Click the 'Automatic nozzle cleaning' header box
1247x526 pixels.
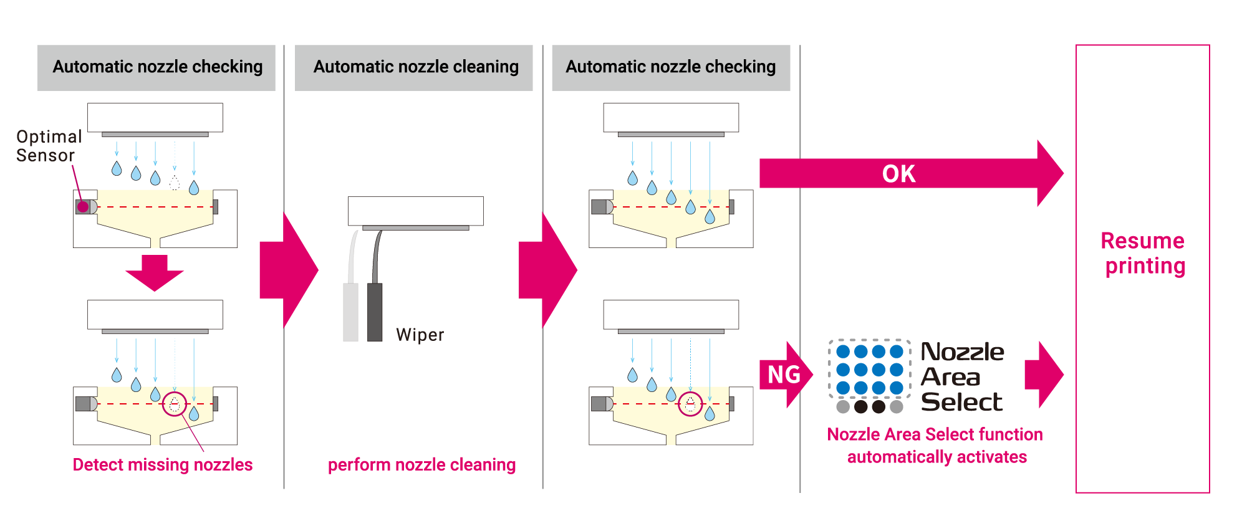[413, 67]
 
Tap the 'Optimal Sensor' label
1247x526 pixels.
[49, 146]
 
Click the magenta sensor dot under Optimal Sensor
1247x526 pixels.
[83, 207]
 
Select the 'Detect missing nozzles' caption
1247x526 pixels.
[162, 465]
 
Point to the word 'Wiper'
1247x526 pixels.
[420, 335]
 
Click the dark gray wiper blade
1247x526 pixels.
[375, 312]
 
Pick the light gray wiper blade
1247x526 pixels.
[351, 312]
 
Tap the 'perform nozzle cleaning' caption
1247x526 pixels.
[421, 465]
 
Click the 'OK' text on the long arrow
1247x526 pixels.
[899, 174]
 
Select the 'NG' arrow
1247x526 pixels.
[786, 375]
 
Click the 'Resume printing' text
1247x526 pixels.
[1143, 253]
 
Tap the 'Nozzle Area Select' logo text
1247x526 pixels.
[962, 377]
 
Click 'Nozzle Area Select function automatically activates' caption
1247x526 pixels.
[935, 446]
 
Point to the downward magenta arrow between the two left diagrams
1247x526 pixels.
[155, 272]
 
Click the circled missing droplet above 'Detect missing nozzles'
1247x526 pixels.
[175, 404]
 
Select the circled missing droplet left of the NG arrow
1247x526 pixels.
[690, 404]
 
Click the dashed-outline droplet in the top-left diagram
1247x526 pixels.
[175, 183]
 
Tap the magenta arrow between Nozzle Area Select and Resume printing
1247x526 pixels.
[1044, 375]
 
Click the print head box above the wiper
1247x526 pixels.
[416, 211]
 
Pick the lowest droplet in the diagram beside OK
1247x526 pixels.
[710, 216]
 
